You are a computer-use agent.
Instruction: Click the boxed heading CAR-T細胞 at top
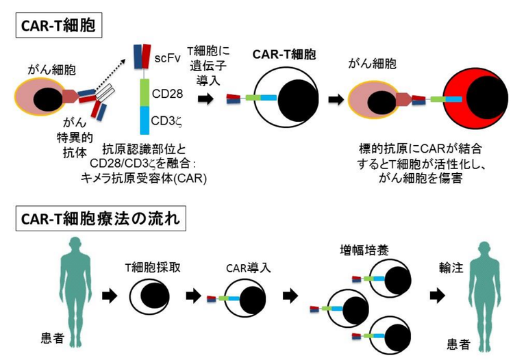tap(59, 27)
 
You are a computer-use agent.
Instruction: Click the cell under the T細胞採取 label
tap(152, 296)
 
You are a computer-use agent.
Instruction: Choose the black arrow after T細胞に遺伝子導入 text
tap(205, 99)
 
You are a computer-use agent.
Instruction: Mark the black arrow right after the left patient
tap(108, 296)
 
